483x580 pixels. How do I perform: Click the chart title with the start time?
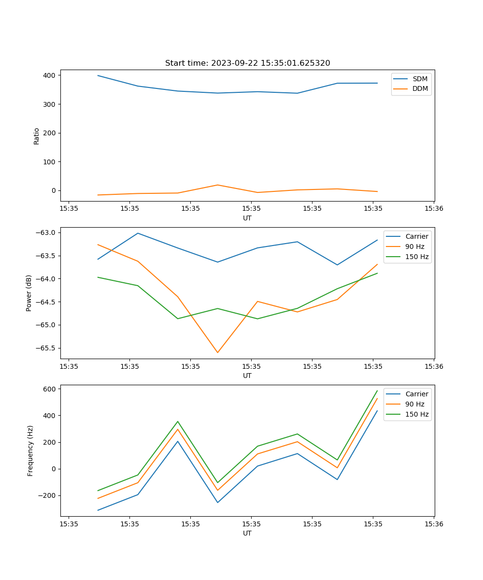(x=247, y=63)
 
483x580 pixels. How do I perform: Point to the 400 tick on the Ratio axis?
(x=49, y=75)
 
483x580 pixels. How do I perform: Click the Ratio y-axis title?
(x=37, y=136)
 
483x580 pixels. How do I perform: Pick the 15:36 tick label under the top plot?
(x=433, y=209)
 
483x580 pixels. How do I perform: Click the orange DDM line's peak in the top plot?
(x=217, y=185)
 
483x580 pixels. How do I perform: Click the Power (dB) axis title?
(x=29, y=293)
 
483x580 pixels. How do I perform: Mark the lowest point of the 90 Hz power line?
(x=217, y=352)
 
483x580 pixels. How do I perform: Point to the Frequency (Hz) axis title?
(x=30, y=450)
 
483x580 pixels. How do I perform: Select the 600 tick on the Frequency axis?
(x=51, y=389)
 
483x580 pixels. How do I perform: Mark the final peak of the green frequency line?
(x=377, y=391)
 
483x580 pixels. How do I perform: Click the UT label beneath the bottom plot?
(x=247, y=533)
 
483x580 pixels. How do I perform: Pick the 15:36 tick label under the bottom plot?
(x=433, y=524)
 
